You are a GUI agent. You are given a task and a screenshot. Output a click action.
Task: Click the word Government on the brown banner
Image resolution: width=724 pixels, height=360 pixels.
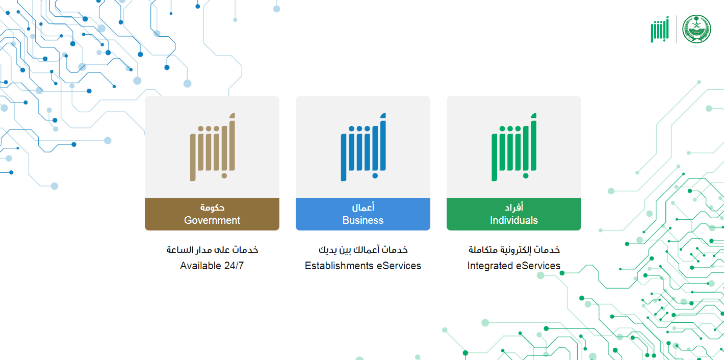212,220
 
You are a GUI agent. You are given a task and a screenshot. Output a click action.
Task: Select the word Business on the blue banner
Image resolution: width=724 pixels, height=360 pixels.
363,220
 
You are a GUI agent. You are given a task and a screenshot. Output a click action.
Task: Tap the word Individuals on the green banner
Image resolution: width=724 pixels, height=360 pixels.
513,220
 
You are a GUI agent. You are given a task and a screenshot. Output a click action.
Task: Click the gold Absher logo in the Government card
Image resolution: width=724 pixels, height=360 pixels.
212,147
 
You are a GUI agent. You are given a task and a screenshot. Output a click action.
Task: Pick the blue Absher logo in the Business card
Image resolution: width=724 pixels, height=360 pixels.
364,147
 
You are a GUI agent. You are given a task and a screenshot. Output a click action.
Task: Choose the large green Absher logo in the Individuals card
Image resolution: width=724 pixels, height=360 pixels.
514,147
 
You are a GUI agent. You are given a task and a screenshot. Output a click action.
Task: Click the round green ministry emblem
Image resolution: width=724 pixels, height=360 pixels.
696,29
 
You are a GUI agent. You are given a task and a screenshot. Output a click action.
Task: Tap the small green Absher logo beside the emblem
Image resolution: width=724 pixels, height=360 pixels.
660,29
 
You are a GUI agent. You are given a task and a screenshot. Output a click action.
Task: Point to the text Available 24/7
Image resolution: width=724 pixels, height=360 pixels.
212,266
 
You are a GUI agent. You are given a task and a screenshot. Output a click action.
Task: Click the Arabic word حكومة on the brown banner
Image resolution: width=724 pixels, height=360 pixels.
212,207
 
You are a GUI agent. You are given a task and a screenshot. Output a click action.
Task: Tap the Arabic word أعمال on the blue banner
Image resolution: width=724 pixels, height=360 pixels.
363,207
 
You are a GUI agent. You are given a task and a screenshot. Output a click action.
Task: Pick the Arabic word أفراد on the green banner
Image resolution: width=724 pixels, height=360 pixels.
514,207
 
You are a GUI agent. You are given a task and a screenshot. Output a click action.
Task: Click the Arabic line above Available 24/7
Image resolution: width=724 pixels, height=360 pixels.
212,249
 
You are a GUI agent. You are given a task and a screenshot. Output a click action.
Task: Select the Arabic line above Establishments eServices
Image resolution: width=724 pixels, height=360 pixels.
363,249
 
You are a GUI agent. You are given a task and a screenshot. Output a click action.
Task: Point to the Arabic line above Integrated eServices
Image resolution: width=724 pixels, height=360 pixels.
514,249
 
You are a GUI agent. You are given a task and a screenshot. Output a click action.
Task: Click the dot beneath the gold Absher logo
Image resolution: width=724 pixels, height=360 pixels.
224,176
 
